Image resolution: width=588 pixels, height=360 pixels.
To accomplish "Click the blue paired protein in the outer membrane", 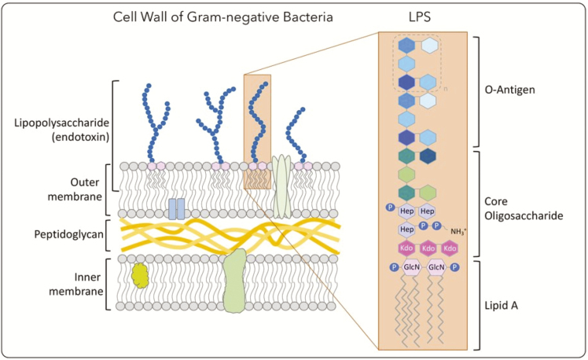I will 177,208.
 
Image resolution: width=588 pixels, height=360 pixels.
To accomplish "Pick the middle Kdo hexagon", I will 428,248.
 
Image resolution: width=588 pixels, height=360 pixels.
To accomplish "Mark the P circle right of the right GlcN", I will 455,267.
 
